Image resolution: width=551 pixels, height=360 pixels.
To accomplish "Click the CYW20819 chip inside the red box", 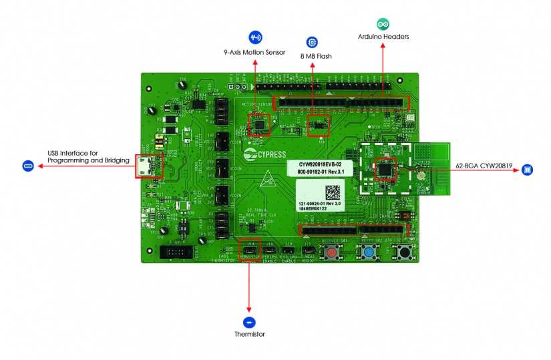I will click(385, 168).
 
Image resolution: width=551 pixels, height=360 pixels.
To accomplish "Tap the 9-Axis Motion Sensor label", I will click(254, 51).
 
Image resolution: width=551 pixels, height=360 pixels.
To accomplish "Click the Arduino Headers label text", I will click(383, 37).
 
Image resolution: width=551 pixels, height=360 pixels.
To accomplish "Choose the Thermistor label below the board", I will click(250, 333).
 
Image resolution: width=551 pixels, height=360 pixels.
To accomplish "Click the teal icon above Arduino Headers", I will click(383, 24).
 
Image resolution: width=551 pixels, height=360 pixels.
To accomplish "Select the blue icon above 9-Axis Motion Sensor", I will click(255, 37).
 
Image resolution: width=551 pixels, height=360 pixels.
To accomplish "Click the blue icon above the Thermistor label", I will click(250, 319).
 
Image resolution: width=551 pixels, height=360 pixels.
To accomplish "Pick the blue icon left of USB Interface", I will click(28, 165).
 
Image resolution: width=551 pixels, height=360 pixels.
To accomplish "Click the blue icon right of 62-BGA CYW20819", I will click(528, 170).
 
